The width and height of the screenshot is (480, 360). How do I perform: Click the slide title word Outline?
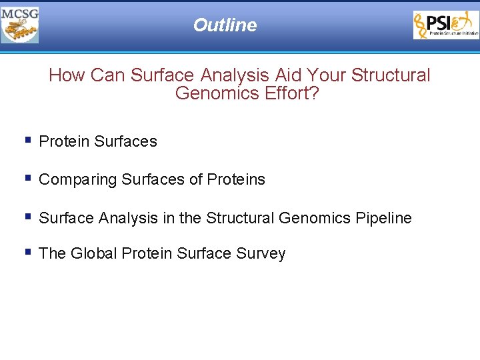[x=225, y=25]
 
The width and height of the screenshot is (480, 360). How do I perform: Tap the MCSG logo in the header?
[x=20, y=25]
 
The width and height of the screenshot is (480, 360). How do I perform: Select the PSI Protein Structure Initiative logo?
[x=445, y=25]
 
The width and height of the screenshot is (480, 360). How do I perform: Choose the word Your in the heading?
[x=326, y=75]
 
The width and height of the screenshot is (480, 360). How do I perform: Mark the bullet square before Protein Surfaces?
[x=27, y=140]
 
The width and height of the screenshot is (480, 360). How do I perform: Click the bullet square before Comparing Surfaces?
[x=27, y=178]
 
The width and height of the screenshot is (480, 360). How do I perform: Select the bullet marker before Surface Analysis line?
[x=27, y=217]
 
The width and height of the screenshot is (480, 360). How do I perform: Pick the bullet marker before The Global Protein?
[x=27, y=252]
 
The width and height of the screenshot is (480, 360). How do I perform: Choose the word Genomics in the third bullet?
[x=312, y=219]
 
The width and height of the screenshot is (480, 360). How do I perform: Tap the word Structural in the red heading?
[x=391, y=75]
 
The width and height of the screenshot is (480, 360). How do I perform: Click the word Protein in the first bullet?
[x=65, y=142]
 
